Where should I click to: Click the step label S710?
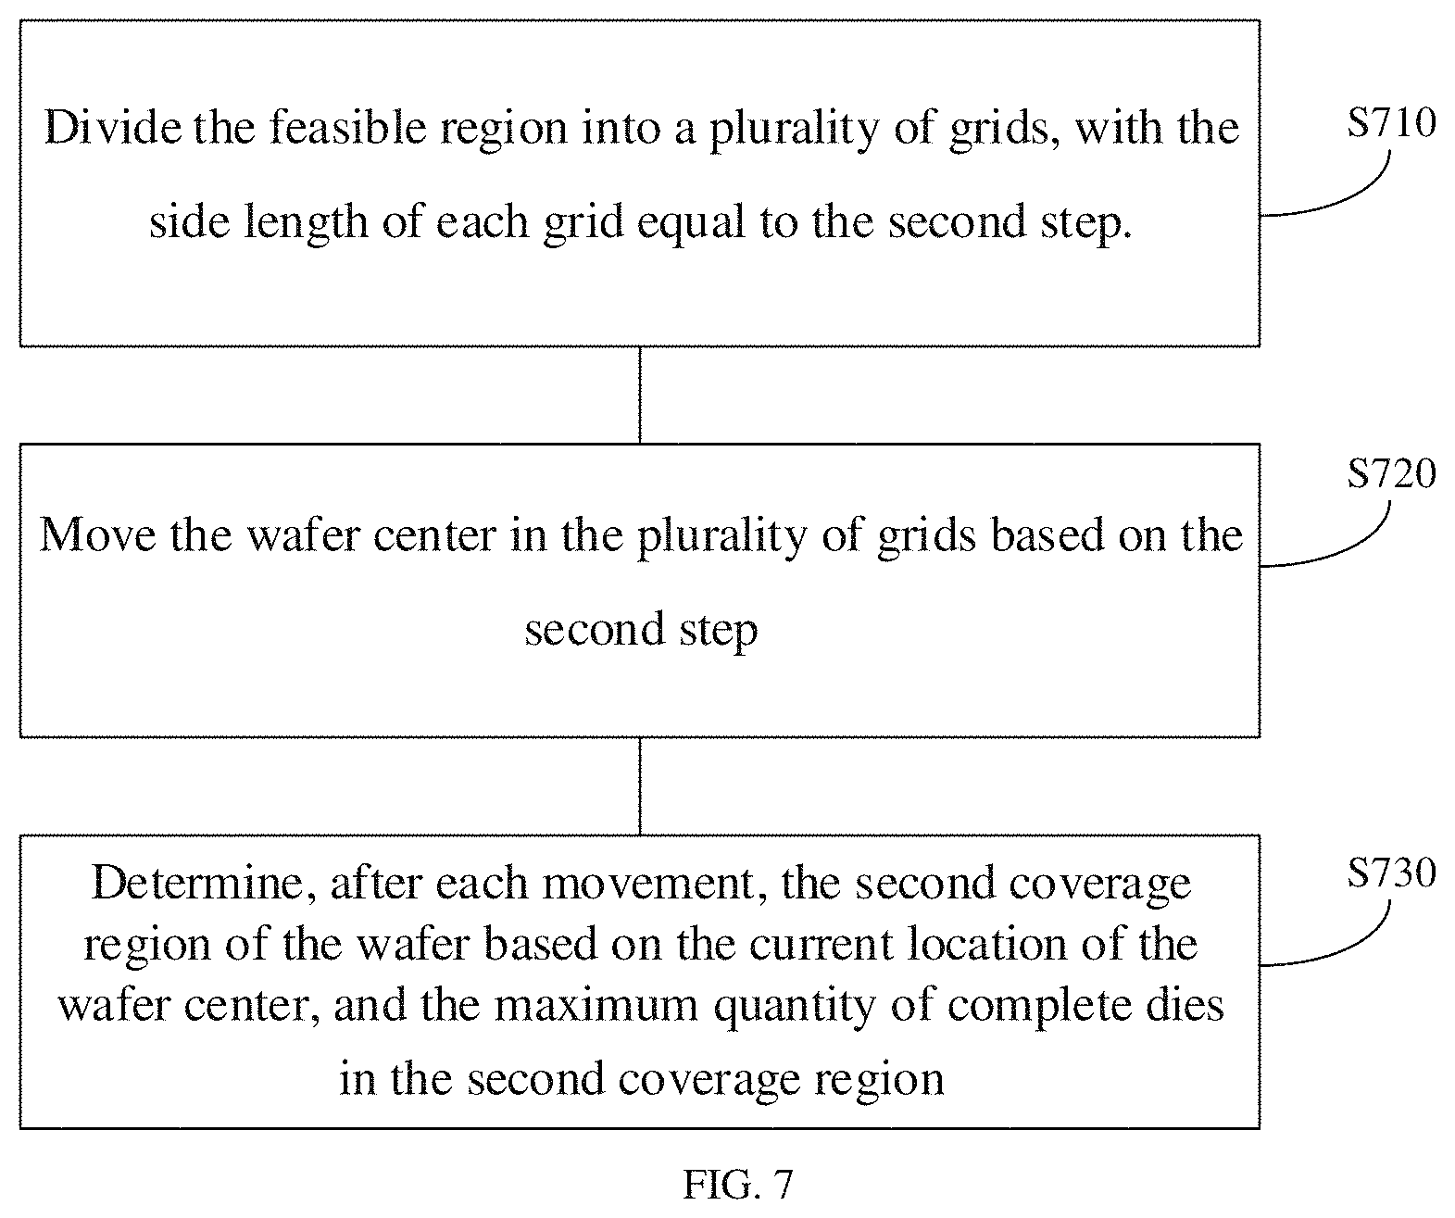(1391, 122)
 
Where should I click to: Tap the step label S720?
(1391, 474)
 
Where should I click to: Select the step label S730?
(1391, 873)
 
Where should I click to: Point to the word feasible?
(347, 128)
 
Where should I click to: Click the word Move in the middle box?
(97, 535)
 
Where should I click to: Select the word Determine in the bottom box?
(198, 883)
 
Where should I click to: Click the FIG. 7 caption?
(738, 1184)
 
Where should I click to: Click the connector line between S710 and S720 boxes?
(640, 396)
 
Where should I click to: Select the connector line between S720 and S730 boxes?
(640, 786)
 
